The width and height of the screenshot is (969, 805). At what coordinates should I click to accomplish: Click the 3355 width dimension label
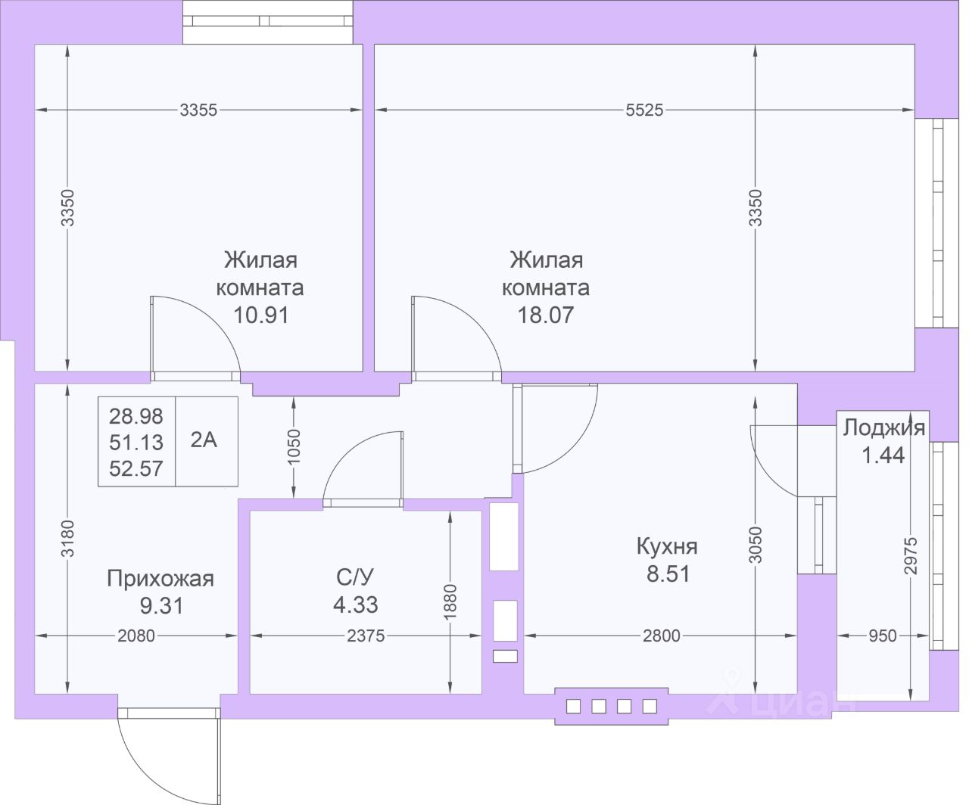(198, 110)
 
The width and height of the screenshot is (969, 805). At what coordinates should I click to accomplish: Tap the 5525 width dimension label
(644, 110)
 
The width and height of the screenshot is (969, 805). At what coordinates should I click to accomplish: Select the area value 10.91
(261, 315)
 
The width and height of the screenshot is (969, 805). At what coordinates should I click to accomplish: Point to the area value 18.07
(546, 315)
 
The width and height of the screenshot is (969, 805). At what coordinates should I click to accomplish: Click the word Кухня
(667, 547)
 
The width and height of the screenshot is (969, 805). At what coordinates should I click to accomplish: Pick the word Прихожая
(160, 579)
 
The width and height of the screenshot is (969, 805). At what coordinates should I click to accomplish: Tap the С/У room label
(355, 577)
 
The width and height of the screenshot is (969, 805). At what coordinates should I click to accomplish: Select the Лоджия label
(884, 427)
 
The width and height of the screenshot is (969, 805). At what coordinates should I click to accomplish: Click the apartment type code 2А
(204, 440)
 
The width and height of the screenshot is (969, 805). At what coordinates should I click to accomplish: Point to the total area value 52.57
(136, 468)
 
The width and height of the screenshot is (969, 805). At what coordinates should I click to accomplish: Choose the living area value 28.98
(136, 416)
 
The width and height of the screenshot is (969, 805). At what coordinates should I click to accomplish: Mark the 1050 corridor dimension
(293, 447)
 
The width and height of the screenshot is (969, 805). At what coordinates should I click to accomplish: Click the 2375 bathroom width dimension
(366, 636)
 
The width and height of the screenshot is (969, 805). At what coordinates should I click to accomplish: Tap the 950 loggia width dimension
(883, 636)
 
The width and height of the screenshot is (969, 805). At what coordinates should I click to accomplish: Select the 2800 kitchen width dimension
(662, 636)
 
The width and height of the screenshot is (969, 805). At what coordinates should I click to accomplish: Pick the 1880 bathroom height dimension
(450, 602)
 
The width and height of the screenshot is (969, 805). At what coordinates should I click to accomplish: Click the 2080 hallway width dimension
(136, 636)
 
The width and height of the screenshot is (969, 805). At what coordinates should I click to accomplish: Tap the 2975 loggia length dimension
(911, 555)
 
